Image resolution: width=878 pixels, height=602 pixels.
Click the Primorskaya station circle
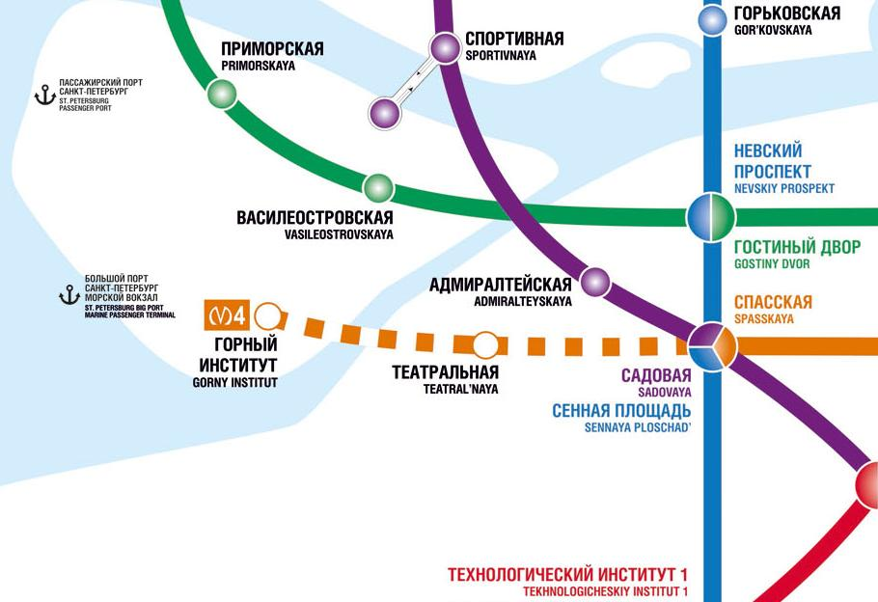click(222, 94)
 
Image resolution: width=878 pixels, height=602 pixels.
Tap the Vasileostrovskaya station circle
click(378, 187)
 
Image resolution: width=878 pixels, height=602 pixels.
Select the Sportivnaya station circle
click(445, 47)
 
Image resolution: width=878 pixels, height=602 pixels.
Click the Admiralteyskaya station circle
click(595, 283)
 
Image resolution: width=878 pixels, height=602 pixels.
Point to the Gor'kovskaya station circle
click(712, 19)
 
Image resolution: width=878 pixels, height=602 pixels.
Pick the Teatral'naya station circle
click(485, 343)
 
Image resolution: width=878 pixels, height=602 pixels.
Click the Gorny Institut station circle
click(269, 315)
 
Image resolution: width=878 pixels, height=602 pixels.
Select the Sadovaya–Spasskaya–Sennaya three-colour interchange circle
click(712, 344)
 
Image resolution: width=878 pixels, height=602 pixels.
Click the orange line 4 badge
click(229, 315)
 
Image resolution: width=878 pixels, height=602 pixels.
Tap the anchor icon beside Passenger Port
click(42, 95)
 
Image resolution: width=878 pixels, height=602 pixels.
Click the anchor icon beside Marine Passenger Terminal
click(69, 294)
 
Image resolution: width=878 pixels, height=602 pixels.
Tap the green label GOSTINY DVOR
click(772, 263)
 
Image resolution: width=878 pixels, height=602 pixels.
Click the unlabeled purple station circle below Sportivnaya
click(384, 113)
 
